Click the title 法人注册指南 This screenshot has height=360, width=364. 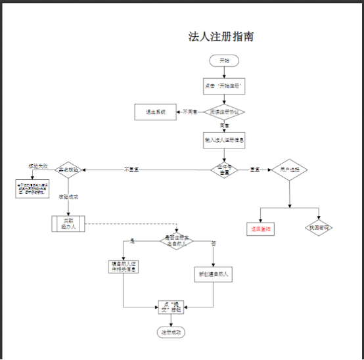[221, 37]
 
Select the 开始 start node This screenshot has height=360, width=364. [224, 60]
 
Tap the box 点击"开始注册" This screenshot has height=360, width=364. [224, 86]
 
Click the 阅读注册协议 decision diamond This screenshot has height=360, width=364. [224, 112]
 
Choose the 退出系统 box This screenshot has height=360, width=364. [156, 112]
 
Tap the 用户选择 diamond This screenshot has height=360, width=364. [290, 169]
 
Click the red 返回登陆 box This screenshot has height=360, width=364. [262, 230]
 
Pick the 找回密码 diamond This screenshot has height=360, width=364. [319, 228]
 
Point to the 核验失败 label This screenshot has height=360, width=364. [37, 166]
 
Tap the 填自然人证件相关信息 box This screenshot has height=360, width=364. [124, 267]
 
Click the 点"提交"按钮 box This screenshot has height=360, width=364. [169, 307]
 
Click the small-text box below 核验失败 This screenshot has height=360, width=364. [33, 188]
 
